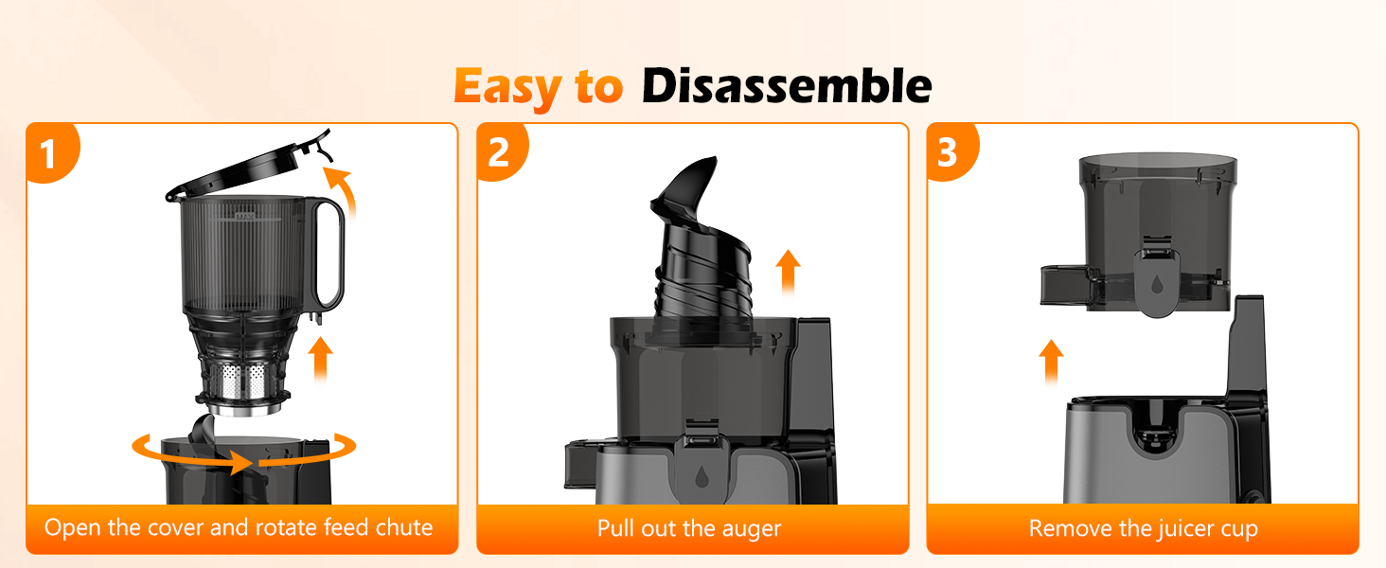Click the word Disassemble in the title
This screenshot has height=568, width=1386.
pyautogui.click(x=786, y=87)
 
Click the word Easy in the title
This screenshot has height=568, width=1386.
pyautogui.click(x=506, y=87)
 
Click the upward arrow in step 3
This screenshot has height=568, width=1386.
pyautogui.click(x=1050, y=360)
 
